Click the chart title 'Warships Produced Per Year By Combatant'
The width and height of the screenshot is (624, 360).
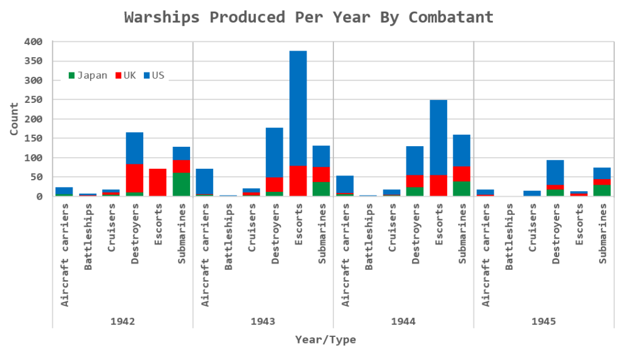tap(309, 17)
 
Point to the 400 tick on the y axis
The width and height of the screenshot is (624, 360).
tap(34, 41)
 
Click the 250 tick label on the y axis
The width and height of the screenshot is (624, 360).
tap(34, 99)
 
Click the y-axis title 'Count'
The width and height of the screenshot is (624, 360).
tap(14, 119)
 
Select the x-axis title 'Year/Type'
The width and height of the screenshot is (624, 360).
tap(325, 339)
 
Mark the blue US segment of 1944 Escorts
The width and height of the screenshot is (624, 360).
tap(438, 137)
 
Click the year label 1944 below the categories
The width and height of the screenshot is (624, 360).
tap(403, 320)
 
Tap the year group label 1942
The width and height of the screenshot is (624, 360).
tap(122, 320)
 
